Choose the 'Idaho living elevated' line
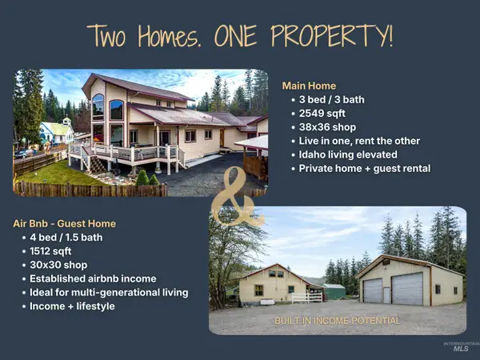[348, 154]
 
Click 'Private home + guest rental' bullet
[364, 169]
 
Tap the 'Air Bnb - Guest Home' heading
[64, 223]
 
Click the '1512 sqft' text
[50, 251]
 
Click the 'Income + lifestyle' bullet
[71, 306]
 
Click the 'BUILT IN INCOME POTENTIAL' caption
[337, 321]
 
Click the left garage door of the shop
[373, 290]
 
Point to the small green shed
[334, 291]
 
